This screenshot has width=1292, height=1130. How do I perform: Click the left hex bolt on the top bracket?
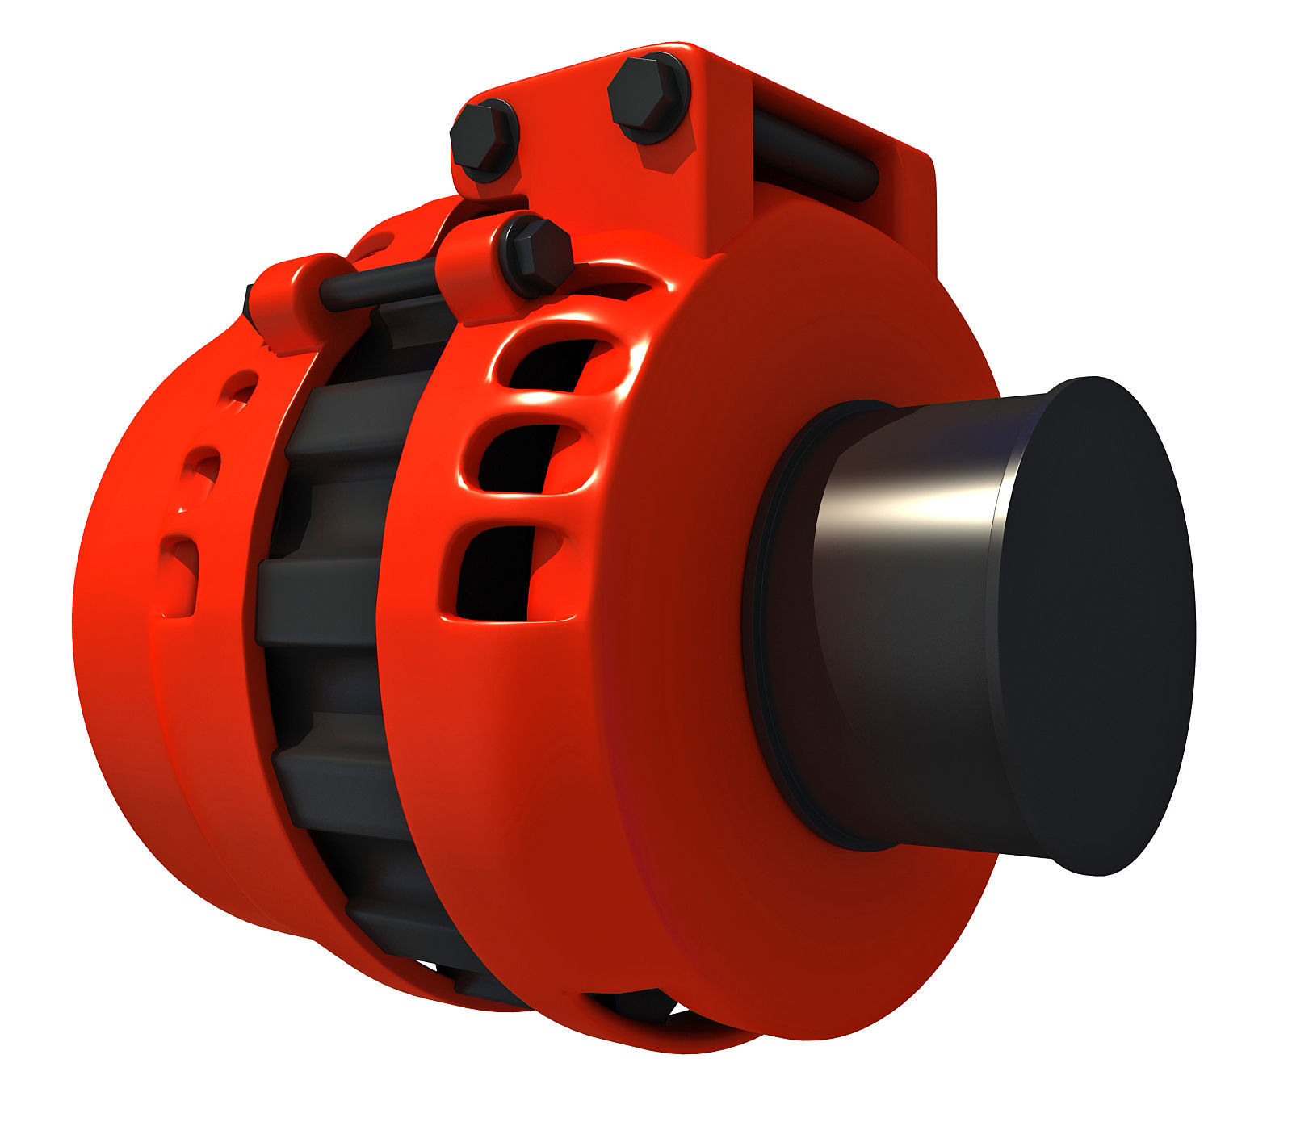pyautogui.click(x=483, y=140)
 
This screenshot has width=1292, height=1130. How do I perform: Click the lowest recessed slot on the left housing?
pyautogui.click(x=182, y=569)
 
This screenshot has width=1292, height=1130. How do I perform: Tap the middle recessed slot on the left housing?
pyautogui.click(x=203, y=472)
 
